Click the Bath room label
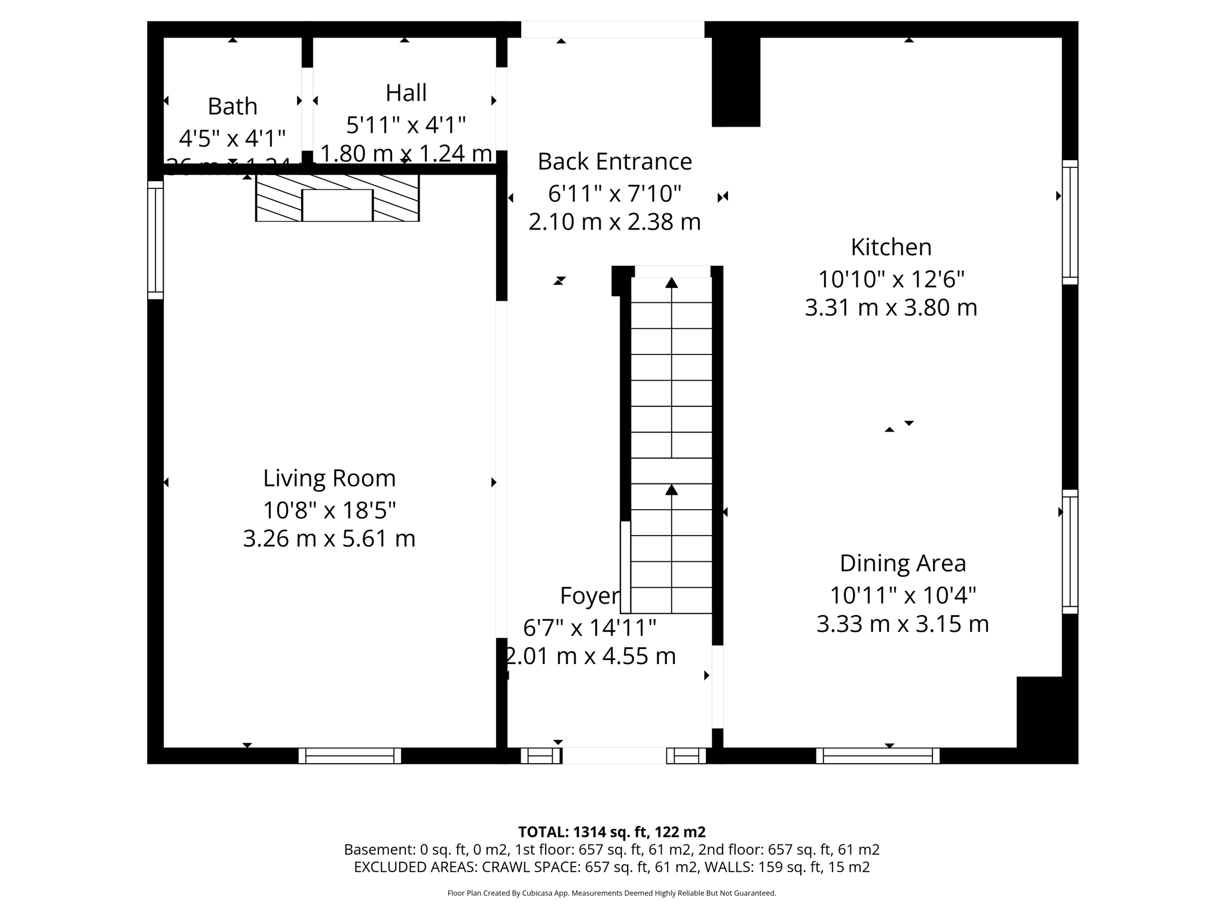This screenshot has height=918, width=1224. (232, 106)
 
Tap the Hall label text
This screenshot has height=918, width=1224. (406, 93)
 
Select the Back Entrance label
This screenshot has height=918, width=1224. (614, 161)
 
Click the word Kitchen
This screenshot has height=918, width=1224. (891, 247)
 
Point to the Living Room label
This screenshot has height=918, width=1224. (329, 478)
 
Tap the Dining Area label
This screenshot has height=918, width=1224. (902, 563)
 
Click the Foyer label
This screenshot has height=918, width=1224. (589, 596)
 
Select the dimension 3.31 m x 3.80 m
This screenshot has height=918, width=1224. (891, 308)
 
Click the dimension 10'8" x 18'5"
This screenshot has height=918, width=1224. (329, 510)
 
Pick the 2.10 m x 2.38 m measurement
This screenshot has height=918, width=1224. (614, 222)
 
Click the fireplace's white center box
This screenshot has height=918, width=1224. (337, 206)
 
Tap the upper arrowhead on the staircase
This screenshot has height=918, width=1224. (672, 283)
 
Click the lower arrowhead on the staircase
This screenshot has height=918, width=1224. (672, 490)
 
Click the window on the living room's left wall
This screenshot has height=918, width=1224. (155, 240)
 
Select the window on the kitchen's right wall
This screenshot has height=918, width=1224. (1070, 222)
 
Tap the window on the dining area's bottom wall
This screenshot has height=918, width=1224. (877, 755)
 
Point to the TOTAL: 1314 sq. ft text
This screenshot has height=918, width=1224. (611, 832)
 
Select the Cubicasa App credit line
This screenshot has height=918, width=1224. (611, 893)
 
